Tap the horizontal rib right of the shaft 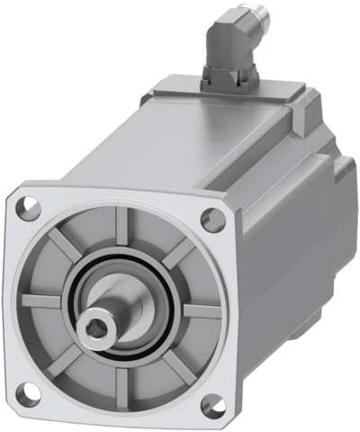(x=200, y=311)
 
